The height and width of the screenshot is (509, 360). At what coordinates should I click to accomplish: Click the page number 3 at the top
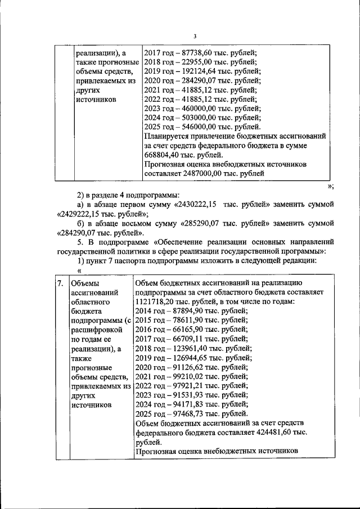point(194,37)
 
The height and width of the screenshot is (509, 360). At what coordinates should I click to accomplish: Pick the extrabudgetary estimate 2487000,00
point(206,174)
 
